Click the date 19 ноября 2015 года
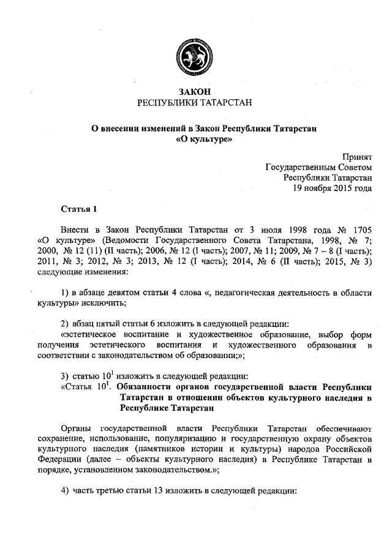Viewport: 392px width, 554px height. pyautogui.click(x=333, y=188)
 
